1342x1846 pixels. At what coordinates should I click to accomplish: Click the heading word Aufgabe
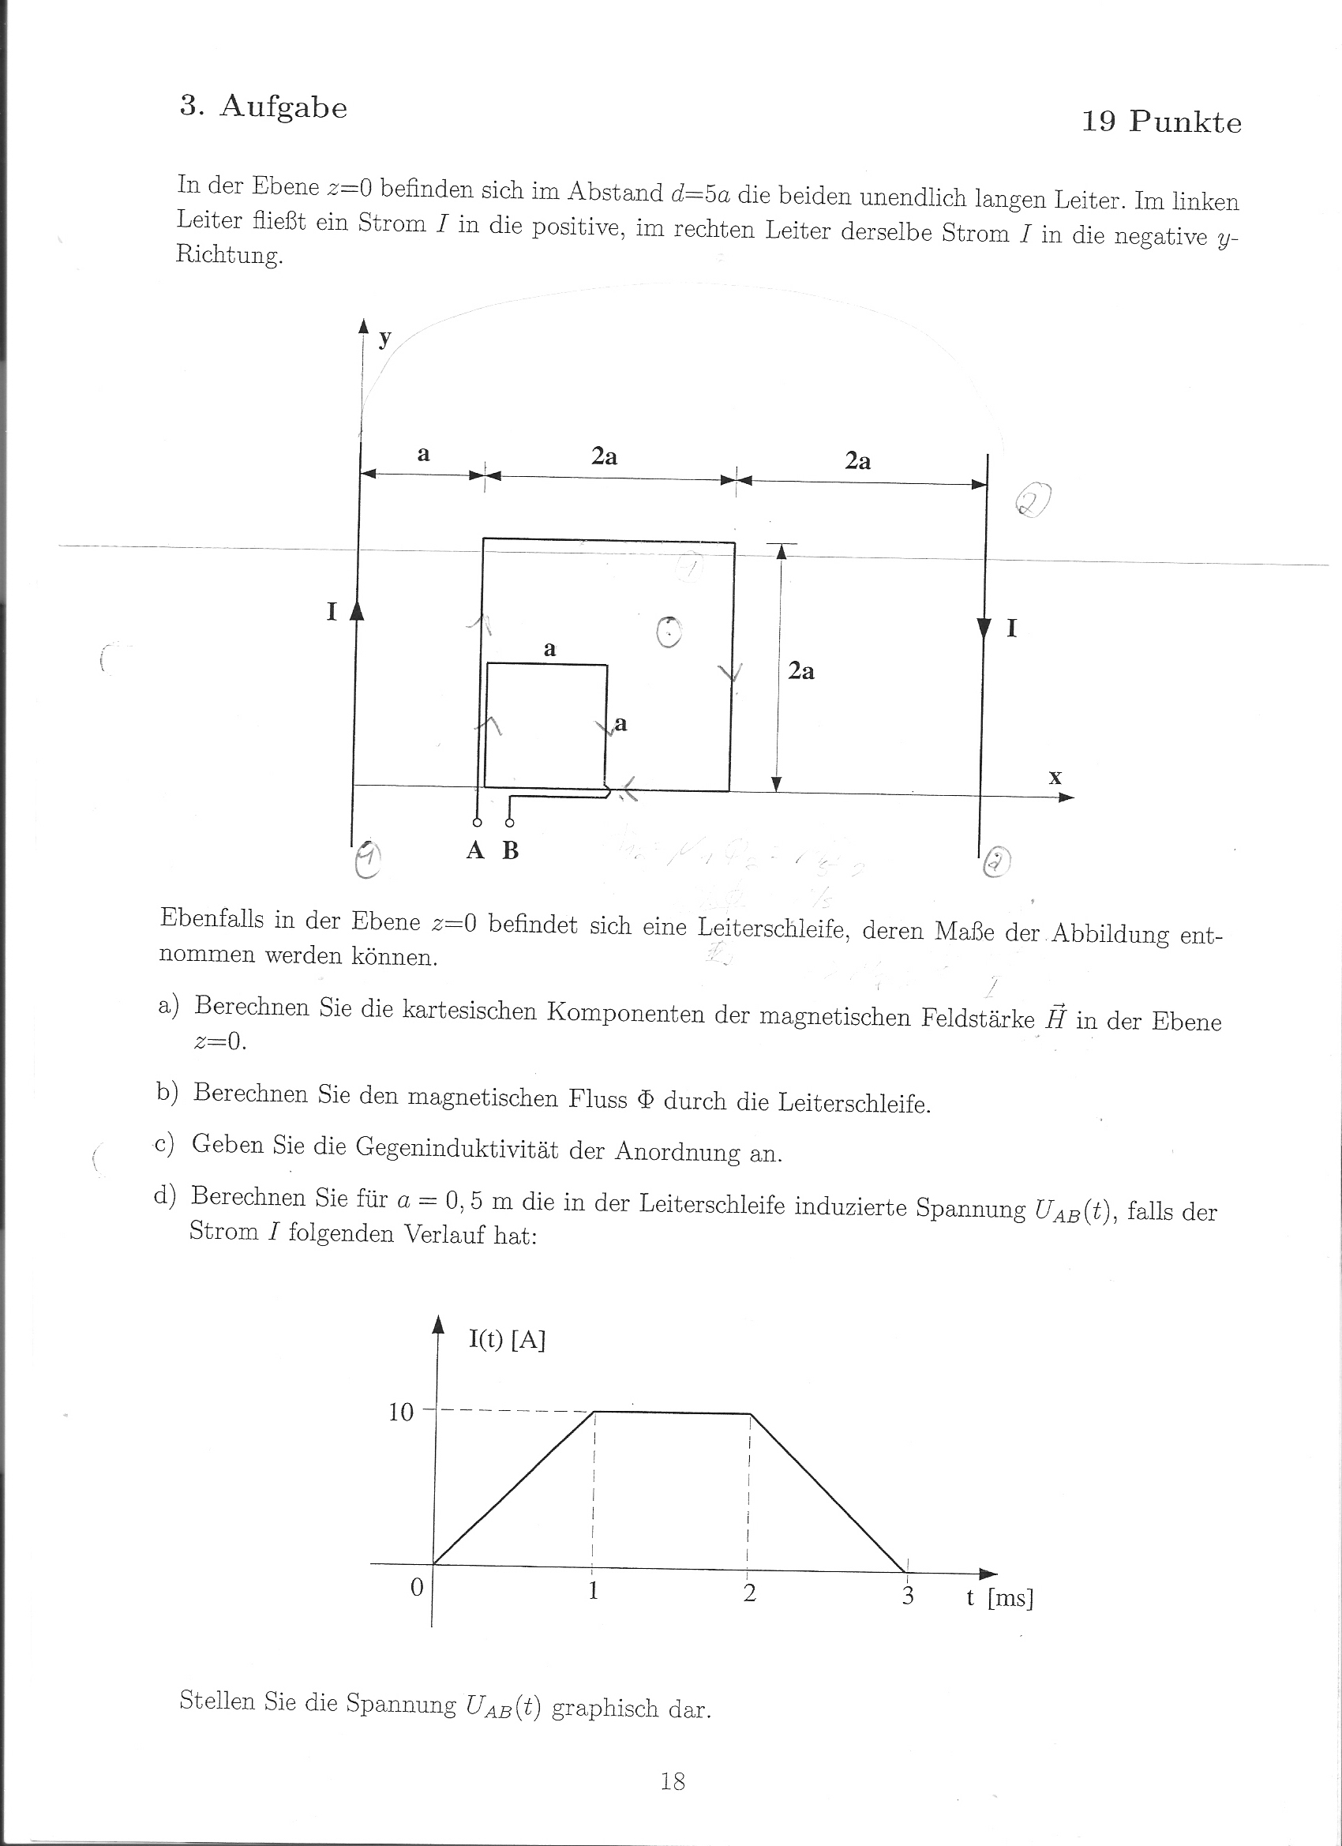tap(283, 107)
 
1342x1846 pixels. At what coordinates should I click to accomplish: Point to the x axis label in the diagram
tap(1055, 777)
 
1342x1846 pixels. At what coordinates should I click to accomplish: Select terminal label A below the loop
tap(475, 850)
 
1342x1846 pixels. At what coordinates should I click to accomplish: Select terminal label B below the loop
tap(510, 850)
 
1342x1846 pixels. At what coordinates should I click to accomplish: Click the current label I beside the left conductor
tap(332, 612)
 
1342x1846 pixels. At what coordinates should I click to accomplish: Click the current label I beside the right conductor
tap(1011, 628)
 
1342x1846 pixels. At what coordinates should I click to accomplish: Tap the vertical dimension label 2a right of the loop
tap(800, 670)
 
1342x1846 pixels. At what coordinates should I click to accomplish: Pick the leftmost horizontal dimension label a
tap(423, 454)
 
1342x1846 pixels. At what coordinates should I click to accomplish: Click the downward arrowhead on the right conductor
tap(984, 628)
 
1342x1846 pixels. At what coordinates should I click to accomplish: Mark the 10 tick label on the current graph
tap(401, 1413)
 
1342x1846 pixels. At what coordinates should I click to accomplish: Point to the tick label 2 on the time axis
tap(749, 1593)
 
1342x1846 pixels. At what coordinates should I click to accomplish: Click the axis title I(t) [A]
tap(506, 1340)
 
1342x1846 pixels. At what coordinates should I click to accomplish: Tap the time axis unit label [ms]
tap(1010, 1598)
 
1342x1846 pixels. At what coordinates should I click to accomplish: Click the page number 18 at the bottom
tap(673, 1782)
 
